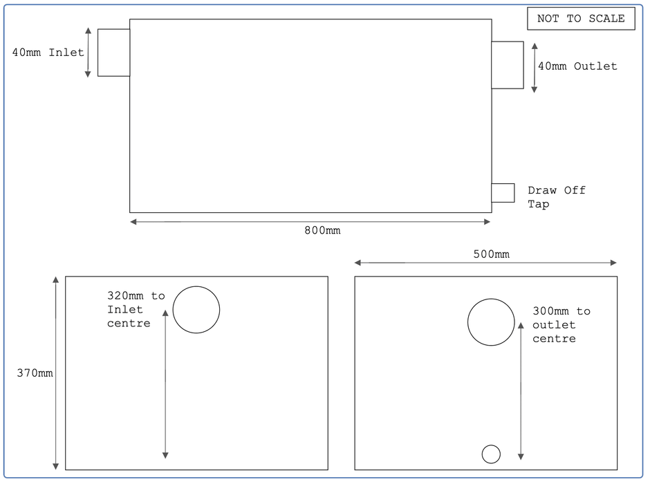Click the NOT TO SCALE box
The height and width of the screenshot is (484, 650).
click(580, 19)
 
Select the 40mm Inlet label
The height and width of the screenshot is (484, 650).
click(48, 53)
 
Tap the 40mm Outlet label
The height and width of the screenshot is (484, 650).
click(577, 66)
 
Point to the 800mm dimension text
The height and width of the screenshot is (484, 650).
click(322, 230)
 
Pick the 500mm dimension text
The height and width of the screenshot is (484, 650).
click(491, 254)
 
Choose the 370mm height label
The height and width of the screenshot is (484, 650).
click(35, 373)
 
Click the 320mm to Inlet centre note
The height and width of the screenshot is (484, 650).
click(136, 309)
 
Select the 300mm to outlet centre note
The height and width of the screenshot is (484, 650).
click(561, 324)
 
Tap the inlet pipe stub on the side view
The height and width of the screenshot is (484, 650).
click(113, 53)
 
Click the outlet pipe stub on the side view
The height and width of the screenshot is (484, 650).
click(508, 65)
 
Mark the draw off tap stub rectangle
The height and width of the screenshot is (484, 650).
click(503, 193)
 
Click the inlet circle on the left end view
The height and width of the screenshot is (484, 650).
click(196, 310)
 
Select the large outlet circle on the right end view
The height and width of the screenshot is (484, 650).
click(491, 322)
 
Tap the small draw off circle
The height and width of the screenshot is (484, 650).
click(491, 454)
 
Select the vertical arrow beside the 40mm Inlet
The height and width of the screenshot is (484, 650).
click(88, 53)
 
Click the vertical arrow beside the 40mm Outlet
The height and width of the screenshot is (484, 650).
click(534, 66)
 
